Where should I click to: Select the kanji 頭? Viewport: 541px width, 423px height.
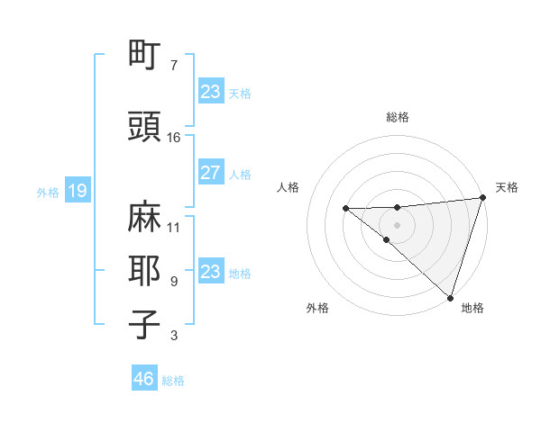(x=145, y=128)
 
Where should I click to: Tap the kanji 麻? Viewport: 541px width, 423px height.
(x=145, y=217)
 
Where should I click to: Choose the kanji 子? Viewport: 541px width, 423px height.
(x=145, y=324)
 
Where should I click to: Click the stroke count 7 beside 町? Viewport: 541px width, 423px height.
(x=173, y=66)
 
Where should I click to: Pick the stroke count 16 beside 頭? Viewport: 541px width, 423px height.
(x=174, y=138)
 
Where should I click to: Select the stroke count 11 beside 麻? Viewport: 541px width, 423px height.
(x=174, y=227)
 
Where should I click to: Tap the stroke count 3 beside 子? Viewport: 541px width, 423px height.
(x=173, y=336)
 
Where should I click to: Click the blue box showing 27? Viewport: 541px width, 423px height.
(x=211, y=173)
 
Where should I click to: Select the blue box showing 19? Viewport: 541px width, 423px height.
(x=78, y=191)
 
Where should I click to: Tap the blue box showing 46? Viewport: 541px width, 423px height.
(x=144, y=379)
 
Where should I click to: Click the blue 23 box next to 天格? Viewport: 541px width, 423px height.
(x=211, y=92)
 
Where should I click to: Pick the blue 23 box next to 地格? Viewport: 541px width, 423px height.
(x=211, y=272)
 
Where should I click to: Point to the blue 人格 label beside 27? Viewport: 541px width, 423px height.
(x=240, y=174)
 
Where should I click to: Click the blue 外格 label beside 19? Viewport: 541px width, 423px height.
(x=48, y=192)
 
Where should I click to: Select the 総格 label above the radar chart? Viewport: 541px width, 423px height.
(x=398, y=117)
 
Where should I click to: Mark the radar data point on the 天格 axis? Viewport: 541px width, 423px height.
(x=483, y=198)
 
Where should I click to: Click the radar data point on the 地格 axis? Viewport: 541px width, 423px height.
(x=450, y=297)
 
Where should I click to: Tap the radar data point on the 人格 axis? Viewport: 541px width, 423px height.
(x=346, y=209)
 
